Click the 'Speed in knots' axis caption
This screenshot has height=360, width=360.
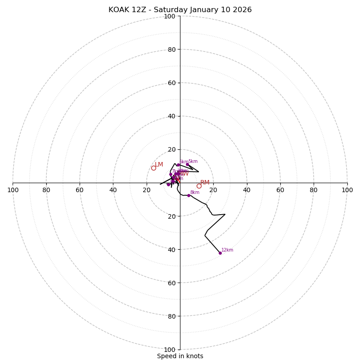coord(180,356)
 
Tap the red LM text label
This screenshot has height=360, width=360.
coord(159,165)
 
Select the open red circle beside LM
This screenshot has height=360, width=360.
coord(153,168)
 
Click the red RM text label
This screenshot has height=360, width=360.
coord(205,183)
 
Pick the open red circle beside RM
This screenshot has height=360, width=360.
coord(199,186)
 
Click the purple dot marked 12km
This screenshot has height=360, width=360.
coord(220,253)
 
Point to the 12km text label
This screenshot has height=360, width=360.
coord(227,250)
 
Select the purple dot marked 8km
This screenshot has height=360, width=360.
coord(189,195)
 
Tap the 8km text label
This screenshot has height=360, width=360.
coord(195,193)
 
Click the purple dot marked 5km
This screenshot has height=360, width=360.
coord(178,165)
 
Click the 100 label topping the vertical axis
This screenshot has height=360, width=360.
coord(170,16)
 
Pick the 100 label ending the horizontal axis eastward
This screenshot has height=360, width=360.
coord(347,190)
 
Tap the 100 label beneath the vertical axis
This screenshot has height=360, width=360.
coord(170,350)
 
